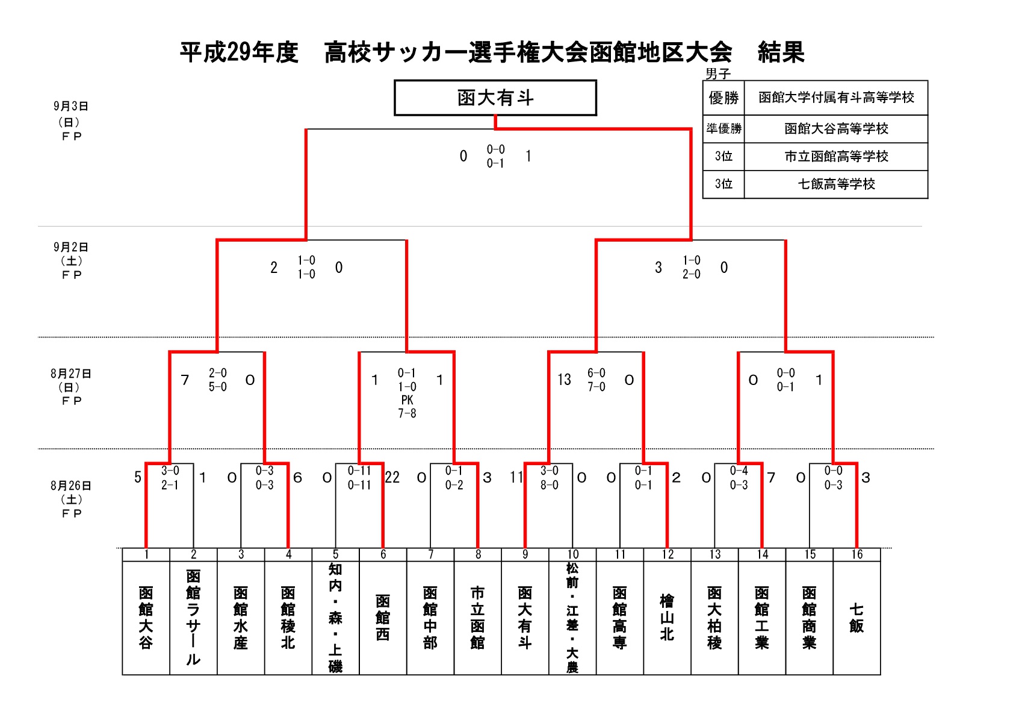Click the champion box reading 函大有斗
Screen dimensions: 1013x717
click(x=495, y=98)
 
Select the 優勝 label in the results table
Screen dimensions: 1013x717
click(x=723, y=98)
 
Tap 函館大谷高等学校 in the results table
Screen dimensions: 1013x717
click(x=836, y=128)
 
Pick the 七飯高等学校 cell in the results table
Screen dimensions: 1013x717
click(x=836, y=184)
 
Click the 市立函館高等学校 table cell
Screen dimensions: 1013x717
click(x=836, y=156)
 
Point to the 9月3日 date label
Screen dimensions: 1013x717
click(x=70, y=106)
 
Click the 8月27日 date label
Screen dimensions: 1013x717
click(x=70, y=374)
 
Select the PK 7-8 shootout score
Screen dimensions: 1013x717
click(x=407, y=407)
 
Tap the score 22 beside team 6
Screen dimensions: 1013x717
click(x=392, y=477)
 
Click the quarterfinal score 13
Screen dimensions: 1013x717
click(x=564, y=380)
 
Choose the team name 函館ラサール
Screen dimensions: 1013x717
click(x=193, y=618)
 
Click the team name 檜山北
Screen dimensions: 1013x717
click(x=667, y=618)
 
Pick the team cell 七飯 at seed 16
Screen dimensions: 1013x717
click(x=857, y=618)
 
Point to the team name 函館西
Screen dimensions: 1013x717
click(x=383, y=618)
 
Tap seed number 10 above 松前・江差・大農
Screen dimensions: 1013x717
click(x=572, y=554)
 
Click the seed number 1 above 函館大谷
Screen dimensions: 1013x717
click(x=146, y=554)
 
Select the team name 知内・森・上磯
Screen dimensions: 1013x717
click(x=335, y=618)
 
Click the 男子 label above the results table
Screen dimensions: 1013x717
click(x=718, y=74)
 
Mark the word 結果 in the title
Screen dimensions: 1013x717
click(x=781, y=52)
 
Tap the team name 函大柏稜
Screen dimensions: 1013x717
click(x=714, y=618)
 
